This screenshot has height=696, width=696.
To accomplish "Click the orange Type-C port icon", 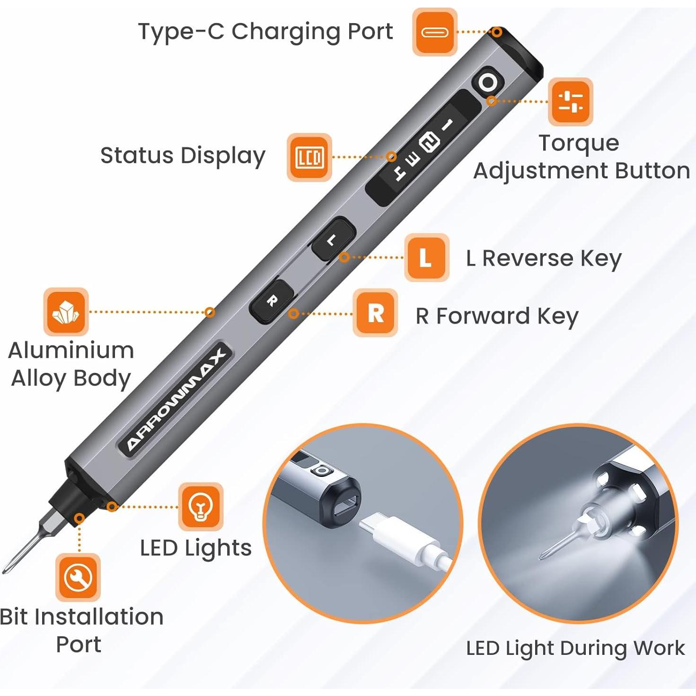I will [434, 32].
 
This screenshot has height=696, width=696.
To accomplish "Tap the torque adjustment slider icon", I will [570, 102].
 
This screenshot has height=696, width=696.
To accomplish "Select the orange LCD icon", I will [309, 157].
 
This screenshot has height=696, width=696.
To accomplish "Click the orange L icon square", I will [426, 257].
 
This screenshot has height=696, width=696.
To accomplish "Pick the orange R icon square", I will [376, 313].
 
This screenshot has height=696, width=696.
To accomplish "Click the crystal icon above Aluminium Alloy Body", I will [66, 312].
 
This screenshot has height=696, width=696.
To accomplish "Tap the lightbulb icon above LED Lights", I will [200, 507].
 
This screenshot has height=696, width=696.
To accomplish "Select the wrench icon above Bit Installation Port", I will [78, 577].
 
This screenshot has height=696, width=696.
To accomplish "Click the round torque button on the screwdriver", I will [488, 83].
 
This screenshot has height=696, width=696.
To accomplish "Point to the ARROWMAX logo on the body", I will [176, 400].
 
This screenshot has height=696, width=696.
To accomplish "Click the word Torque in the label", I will [579, 143].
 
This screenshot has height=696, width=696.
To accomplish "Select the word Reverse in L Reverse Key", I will [528, 258].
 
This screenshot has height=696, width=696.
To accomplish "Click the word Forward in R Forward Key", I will [483, 316].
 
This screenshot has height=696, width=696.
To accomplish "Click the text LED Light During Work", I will [575, 648].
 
